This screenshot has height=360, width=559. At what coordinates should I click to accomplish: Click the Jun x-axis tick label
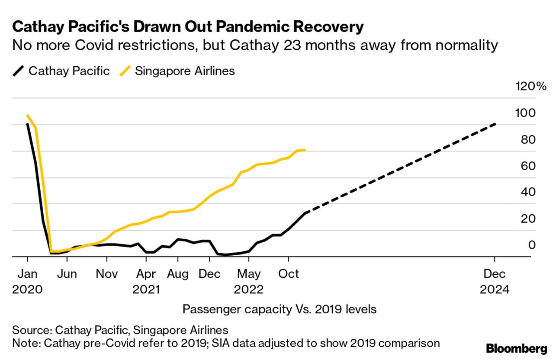[67, 274]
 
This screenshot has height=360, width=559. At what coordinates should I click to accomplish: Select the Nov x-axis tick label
[106, 274]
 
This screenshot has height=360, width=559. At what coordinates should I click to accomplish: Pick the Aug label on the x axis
[177, 274]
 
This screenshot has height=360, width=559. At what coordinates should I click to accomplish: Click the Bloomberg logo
[517, 349]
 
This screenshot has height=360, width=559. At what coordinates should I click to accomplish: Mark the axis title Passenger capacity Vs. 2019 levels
[279, 309]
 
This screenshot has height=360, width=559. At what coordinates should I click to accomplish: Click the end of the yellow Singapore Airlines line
[305, 150]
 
